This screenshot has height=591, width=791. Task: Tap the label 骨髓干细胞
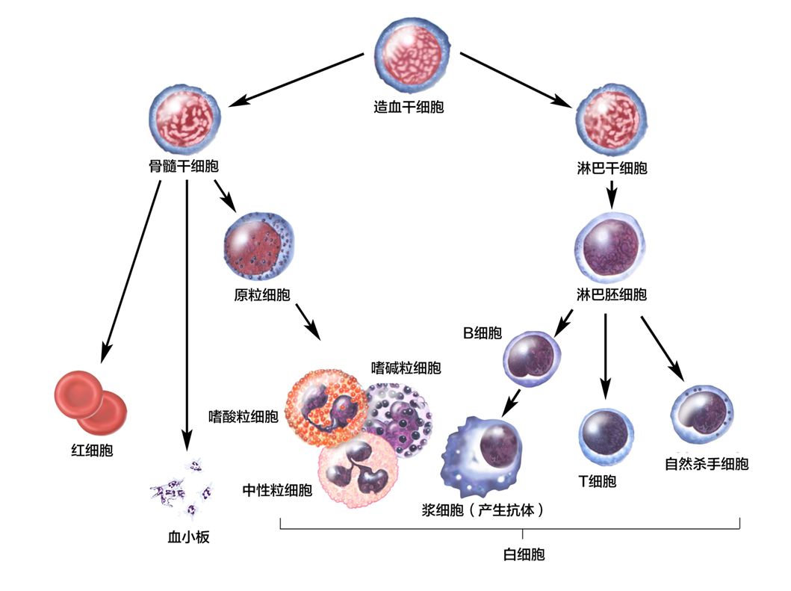tap(184, 166)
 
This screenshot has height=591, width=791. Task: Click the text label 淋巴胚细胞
tap(611, 294)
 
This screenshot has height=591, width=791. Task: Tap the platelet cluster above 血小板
tap(182, 489)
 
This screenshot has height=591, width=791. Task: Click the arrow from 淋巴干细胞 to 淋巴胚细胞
tap(611, 194)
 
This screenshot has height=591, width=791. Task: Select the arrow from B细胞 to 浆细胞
tap(512, 402)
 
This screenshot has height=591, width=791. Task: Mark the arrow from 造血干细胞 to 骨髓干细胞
tap(295, 79)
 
